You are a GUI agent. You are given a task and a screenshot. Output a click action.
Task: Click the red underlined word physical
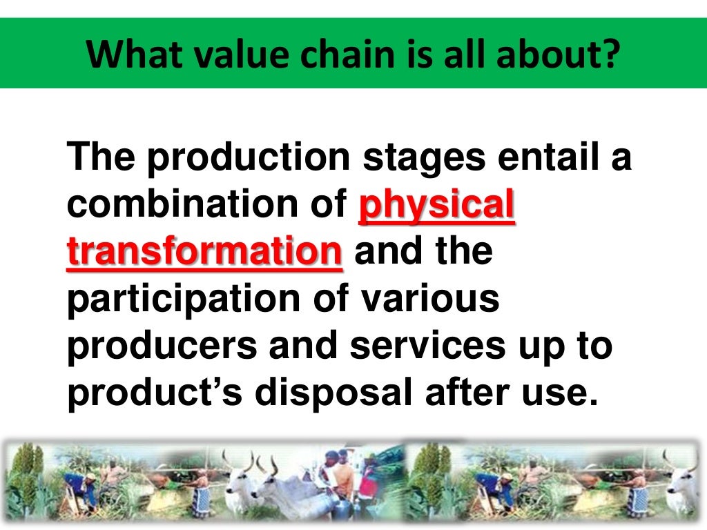[437, 206]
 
